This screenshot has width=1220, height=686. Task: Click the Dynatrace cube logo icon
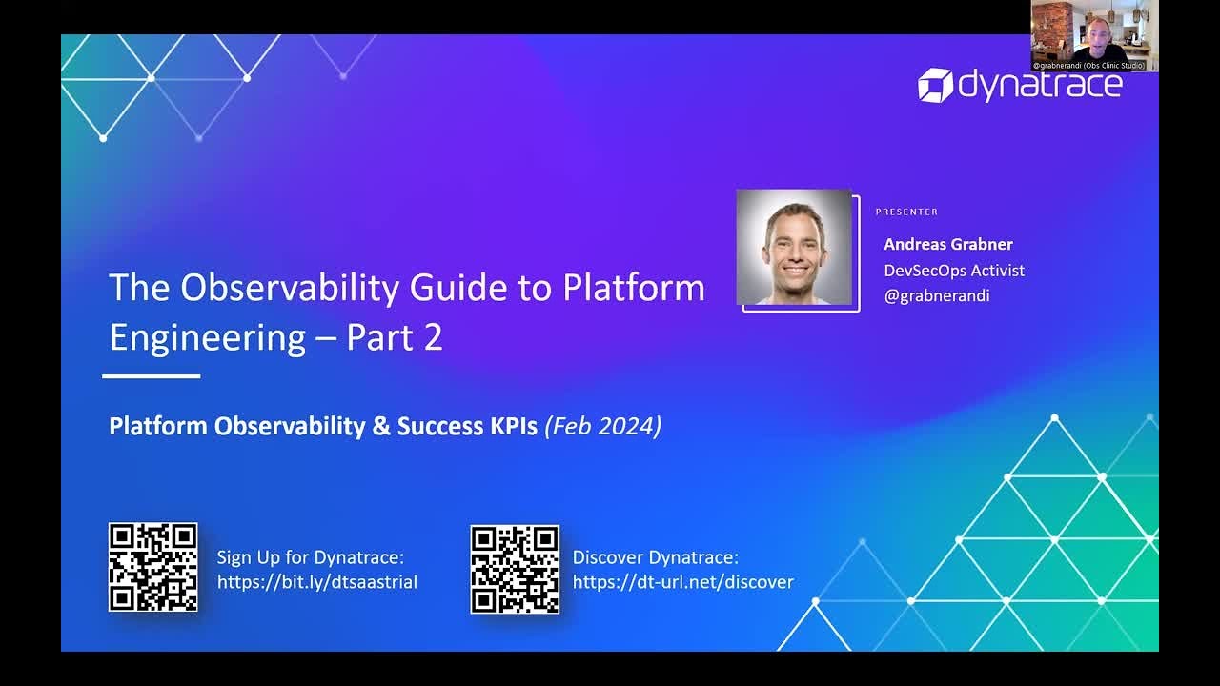(x=935, y=85)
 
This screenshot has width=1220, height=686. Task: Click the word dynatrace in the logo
(x=1040, y=85)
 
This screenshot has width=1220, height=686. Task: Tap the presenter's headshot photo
(x=794, y=248)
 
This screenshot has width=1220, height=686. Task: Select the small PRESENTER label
(x=906, y=212)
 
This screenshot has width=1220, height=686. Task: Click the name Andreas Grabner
(x=947, y=244)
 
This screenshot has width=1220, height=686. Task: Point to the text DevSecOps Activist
(x=953, y=271)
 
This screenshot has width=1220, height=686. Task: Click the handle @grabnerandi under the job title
(x=936, y=295)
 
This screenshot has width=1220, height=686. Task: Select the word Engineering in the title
(x=207, y=337)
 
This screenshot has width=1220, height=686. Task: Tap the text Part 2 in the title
(x=395, y=337)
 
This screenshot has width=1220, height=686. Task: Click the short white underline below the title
(x=152, y=376)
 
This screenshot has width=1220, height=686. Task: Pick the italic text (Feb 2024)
(x=602, y=426)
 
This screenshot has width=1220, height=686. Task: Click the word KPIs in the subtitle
(x=514, y=426)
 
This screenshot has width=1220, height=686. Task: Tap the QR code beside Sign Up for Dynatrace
(x=152, y=567)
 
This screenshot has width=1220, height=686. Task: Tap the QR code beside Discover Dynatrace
(x=515, y=568)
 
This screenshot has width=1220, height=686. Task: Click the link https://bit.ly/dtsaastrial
(x=316, y=582)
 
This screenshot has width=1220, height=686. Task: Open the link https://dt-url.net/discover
(x=682, y=582)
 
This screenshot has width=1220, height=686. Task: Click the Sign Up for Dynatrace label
(x=310, y=557)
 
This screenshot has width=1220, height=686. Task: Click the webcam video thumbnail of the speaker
(x=1093, y=35)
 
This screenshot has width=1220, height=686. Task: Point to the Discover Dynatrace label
(x=655, y=557)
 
